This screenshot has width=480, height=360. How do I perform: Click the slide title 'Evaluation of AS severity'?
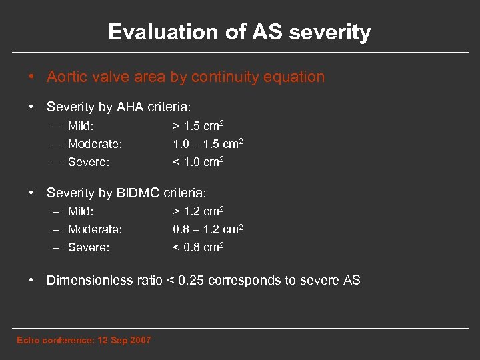[x=239, y=32]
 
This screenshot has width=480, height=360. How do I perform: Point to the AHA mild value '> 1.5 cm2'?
[x=198, y=126]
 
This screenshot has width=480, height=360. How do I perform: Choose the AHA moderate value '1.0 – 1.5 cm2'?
[x=207, y=144]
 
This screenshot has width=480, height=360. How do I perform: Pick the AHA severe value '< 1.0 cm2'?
[x=198, y=162]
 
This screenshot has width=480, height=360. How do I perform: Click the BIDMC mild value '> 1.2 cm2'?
[x=198, y=212]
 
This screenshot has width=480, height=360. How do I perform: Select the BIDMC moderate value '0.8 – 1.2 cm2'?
[x=207, y=230]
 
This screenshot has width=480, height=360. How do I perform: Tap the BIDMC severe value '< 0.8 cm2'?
[x=198, y=248]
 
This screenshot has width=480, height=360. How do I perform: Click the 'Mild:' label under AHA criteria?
[x=81, y=126]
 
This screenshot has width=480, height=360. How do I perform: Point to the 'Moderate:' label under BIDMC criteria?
[x=95, y=230]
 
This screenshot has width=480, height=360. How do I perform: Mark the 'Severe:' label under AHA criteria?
[x=89, y=162]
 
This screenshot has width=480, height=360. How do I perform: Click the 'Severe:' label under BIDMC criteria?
[x=89, y=248]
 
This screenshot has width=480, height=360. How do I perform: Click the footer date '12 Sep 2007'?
[x=124, y=341]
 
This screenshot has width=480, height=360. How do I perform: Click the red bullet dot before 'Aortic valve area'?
[x=32, y=77]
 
